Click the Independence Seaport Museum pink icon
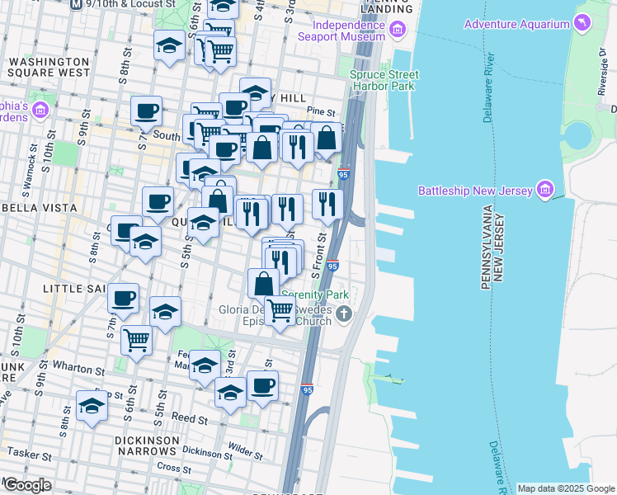(x=398, y=31)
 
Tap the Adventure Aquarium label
(x=516, y=24)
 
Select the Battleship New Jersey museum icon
(x=544, y=191)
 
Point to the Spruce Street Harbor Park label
(x=384, y=80)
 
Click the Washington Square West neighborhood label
(x=49, y=67)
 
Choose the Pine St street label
(x=321, y=111)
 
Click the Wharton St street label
(x=76, y=365)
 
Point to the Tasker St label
(x=30, y=453)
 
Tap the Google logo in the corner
(x=27, y=484)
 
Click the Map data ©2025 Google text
(x=565, y=488)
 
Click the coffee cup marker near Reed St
(x=262, y=385)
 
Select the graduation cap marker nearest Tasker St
(x=92, y=406)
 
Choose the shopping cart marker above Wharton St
(x=136, y=338)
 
